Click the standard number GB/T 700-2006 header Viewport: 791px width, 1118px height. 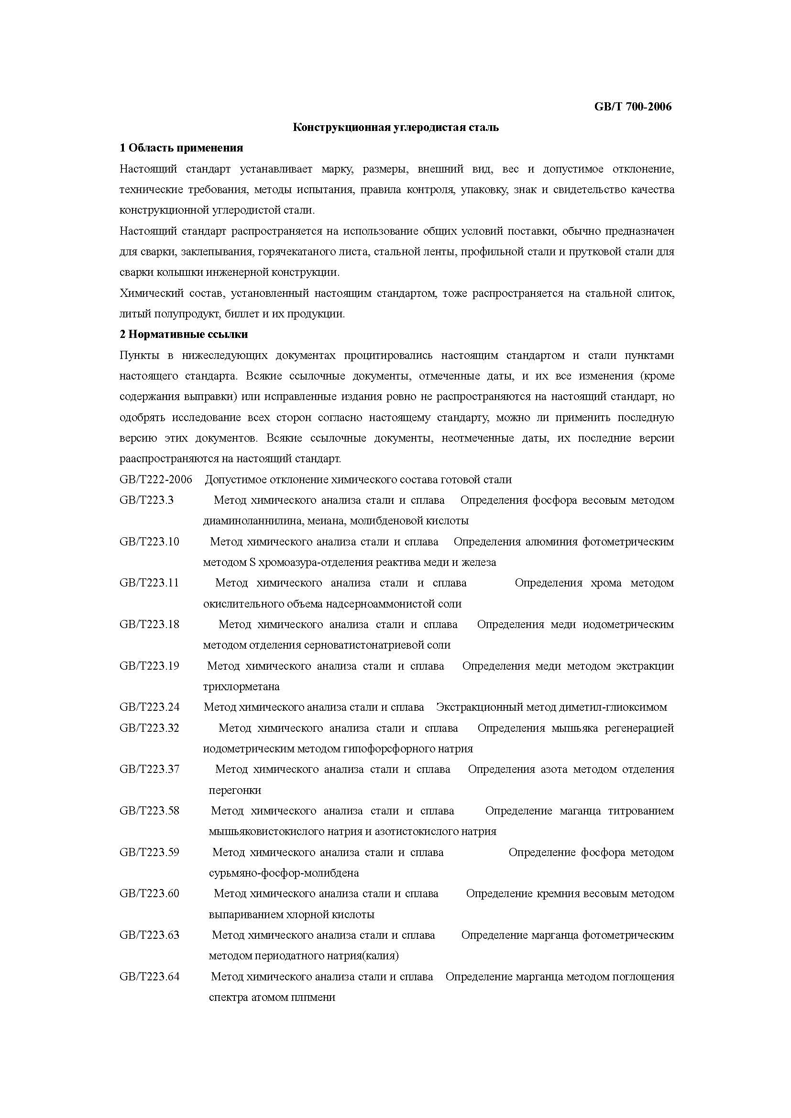[x=633, y=107]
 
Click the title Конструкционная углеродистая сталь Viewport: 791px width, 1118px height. [x=395, y=128]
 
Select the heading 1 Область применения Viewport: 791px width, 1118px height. [x=181, y=148]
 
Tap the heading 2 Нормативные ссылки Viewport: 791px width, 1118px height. [x=184, y=334]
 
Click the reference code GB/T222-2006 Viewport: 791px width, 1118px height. [x=156, y=479]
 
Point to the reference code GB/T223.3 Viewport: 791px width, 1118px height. [x=147, y=500]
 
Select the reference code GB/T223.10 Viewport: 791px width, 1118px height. [x=150, y=542]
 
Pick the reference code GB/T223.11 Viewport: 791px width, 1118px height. [x=149, y=583]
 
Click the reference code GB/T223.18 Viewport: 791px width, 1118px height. [x=150, y=624]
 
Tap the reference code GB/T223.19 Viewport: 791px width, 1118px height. [x=150, y=666]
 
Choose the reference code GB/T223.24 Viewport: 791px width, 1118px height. [x=150, y=707]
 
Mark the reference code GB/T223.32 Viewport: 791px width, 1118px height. [x=150, y=728]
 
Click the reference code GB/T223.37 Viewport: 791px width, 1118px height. [x=150, y=770]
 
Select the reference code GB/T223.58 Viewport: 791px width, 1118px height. [x=150, y=811]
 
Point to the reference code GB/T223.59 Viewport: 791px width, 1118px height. [x=150, y=852]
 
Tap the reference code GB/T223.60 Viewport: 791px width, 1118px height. [x=150, y=893]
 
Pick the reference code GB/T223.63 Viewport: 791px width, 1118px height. [x=150, y=935]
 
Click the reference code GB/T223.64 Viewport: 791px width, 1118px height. [x=150, y=977]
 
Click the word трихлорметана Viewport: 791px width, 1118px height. [x=242, y=686]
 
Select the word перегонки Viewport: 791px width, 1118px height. [x=235, y=790]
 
